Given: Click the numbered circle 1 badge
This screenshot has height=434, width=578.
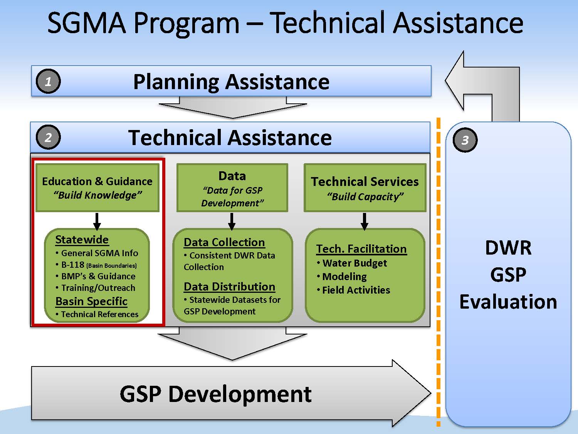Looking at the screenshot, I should pyautogui.click(x=48, y=81).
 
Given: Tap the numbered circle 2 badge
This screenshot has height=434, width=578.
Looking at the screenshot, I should pyautogui.click(x=48, y=137).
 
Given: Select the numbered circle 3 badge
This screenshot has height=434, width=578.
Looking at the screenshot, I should pyautogui.click(x=465, y=140).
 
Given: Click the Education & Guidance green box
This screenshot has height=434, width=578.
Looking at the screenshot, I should pyautogui.click(x=97, y=188).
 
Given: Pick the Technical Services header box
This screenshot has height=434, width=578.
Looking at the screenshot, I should pyautogui.click(x=365, y=188).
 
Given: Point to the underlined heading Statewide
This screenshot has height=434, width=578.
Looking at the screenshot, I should pyautogui.click(x=82, y=240).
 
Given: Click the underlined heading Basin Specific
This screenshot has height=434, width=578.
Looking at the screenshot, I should pyautogui.click(x=91, y=301).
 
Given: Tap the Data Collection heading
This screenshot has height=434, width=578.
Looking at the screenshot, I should pyautogui.click(x=224, y=242).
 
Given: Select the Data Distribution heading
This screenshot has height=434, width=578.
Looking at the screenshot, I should pyautogui.click(x=229, y=287).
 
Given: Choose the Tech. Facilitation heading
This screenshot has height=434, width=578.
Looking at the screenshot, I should pyautogui.click(x=361, y=249).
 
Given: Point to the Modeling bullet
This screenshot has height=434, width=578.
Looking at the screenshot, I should pyautogui.click(x=344, y=277).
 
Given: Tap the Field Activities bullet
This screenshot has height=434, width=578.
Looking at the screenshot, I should pyautogui.click(x=356, y=290).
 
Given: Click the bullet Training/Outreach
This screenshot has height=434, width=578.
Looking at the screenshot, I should pyautogui.click(x=98, y=288).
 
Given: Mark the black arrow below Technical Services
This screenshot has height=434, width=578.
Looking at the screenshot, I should pyautogui.click(x=365, y=221).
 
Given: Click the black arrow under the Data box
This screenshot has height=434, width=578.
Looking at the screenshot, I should pyautogui.click(x=232, y=221).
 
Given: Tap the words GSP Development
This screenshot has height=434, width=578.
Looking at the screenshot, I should pyautogui.click(x=215, y=394).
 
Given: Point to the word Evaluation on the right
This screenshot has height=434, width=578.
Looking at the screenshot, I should pyautogui.click(x=508, y=302).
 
